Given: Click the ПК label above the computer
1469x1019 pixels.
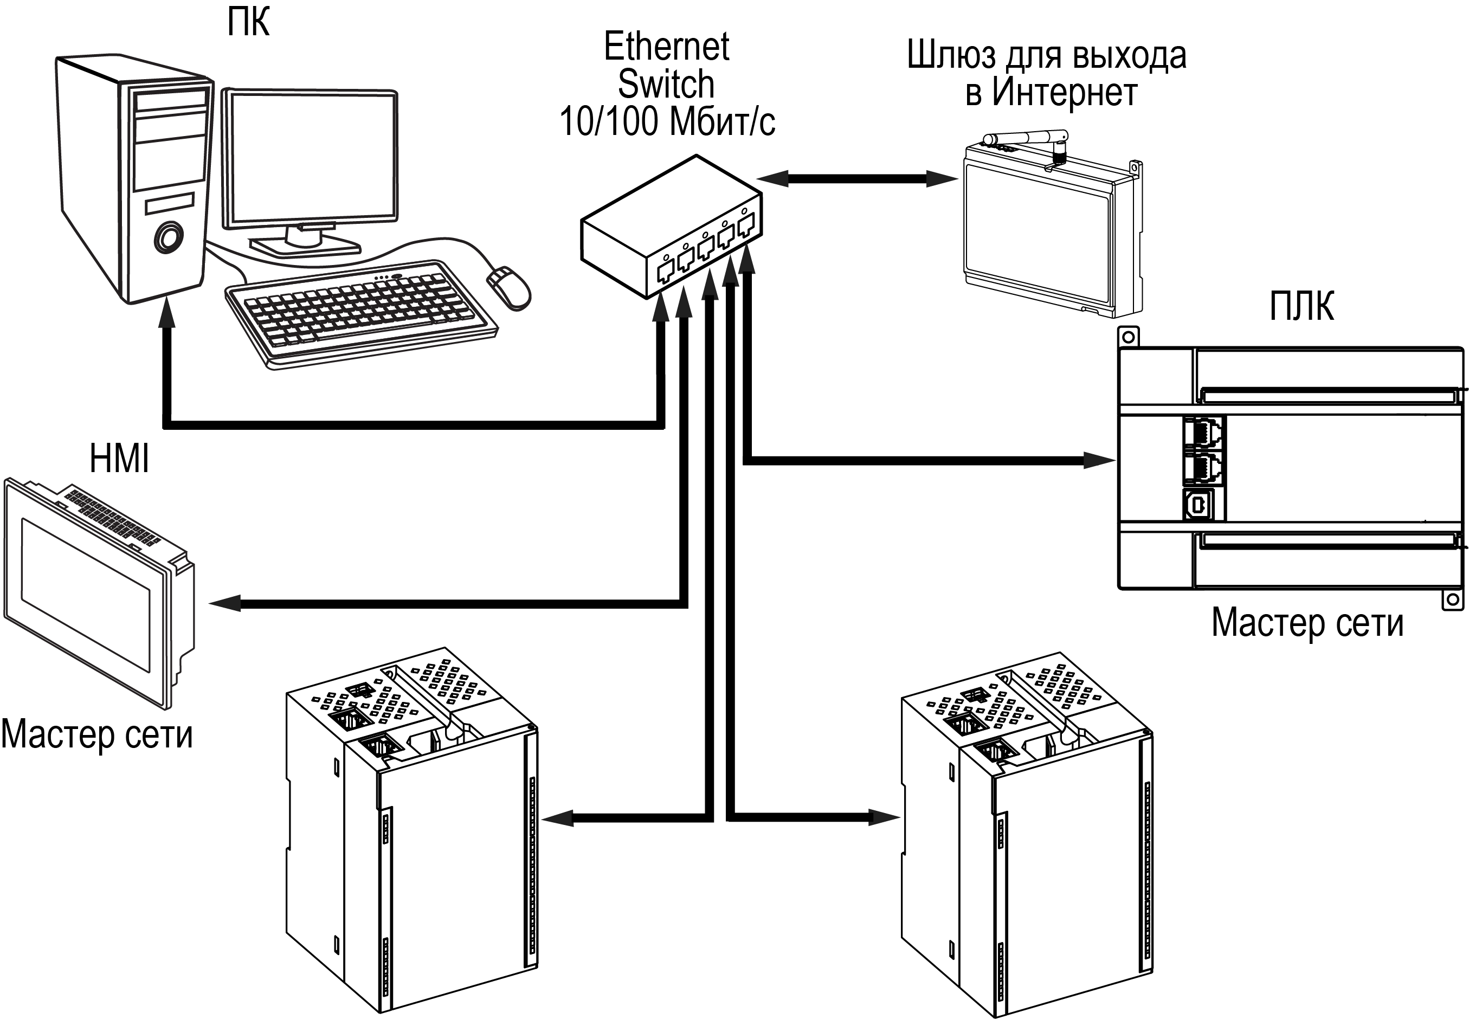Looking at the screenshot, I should pyautogui.click(x=248, y=22).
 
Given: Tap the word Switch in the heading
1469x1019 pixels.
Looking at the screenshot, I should pyautogui.click(x=666, y=84).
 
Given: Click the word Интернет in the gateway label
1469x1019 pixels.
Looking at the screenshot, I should pyautogui.click(x=1064, y=93).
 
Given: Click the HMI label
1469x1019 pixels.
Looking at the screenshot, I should pyautogui.click(x=119, y=459).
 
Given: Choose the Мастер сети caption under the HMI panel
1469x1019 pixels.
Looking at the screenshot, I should pyautogui.click(x=97, y=734).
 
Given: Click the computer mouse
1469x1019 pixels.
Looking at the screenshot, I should pyautogui.click(x=509, y=287).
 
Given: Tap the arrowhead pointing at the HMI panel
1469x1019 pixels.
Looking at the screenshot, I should pyautogui.click(x=225, y=603).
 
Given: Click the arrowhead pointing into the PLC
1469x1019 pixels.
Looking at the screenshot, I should pyautogui.click(x=1099, y=460).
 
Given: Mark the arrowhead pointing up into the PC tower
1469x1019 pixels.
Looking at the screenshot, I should pyautogui.click(x=168, y=315).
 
